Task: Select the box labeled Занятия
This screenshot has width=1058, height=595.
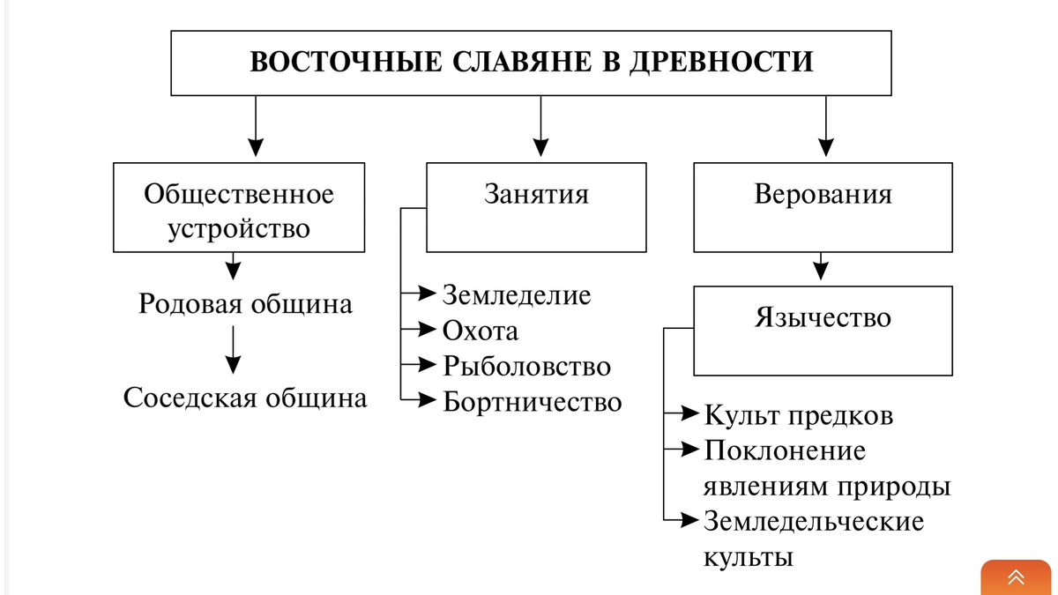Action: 536,206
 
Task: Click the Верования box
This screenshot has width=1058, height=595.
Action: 823,206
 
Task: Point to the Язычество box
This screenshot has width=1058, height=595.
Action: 823,330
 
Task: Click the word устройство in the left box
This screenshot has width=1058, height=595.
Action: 239,228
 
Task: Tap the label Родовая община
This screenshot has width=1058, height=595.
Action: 245,304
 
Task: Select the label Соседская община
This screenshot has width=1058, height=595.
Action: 245,398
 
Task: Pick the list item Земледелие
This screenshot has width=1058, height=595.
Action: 517,294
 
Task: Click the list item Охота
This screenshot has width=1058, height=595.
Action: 481,331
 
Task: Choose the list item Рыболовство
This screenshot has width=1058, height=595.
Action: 527,365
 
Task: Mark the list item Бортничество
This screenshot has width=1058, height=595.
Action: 533,402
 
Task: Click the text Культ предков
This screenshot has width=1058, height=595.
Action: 799,415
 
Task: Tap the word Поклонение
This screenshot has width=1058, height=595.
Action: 785,450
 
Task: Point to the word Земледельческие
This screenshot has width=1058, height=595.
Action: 814,521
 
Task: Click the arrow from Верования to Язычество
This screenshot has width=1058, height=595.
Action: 822,267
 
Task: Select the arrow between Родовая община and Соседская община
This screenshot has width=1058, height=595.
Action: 233,350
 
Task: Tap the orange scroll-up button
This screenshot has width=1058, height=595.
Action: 1017,577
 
